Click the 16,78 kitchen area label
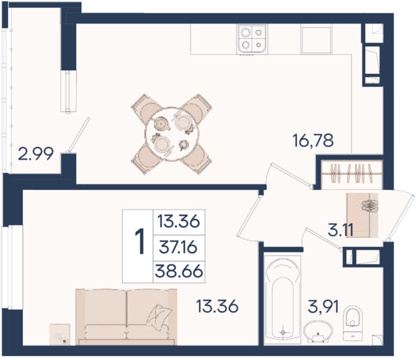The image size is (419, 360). click(313, 141)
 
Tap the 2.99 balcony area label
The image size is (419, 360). click(36, 154)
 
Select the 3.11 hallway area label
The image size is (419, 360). click(340, 230)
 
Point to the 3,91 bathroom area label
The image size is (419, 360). click(323, 307)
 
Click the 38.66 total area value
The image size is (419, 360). click(179, 272)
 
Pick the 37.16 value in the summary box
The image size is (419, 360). click(178, 247)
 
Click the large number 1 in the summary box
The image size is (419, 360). click(139, 242)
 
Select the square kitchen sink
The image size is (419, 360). click(317, 40)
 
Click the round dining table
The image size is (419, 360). click(172, 134)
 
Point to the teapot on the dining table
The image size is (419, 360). click(162, 123)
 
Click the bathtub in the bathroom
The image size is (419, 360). click(283, 300)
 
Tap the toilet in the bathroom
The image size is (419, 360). click(353, 323)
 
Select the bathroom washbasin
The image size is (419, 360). click(318, 331)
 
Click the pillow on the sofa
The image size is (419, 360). click(159, 317)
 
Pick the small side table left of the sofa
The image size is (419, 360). click(60, 334)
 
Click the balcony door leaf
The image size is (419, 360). click(79, 135)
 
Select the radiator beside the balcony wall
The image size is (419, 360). click(68, 92)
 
